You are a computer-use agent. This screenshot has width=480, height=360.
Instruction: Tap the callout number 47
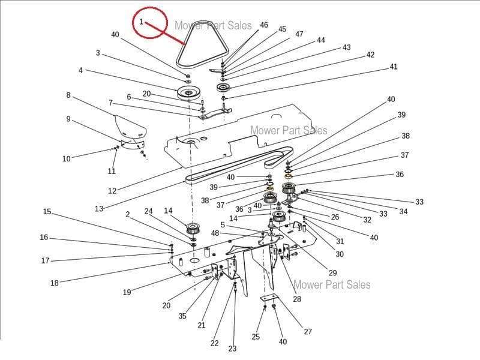(x=299, y=34)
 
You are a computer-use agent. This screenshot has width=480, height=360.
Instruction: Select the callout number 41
(x=394, y=67)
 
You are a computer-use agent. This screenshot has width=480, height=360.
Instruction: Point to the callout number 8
(x=68, y=95)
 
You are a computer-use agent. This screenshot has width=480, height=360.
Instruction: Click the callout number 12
(x=112, y=191)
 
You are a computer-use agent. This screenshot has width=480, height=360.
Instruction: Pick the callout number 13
(x=99, y=209)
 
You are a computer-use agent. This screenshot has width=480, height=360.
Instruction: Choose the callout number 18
(x=55, y=283)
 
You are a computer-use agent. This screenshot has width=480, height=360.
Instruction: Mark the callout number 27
(x=308, y=332)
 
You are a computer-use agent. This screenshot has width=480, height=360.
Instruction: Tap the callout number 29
(x=332, y=273)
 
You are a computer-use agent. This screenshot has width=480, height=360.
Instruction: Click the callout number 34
(x=403, y=212)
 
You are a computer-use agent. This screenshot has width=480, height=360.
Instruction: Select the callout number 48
(x=215, y=233)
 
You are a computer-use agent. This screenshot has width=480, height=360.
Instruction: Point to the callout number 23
(x=232, y=349)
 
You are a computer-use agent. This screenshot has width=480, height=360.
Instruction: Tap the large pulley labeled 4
(x=188, y=92)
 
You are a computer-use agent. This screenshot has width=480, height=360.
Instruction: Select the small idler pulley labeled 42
(x=223, y=88)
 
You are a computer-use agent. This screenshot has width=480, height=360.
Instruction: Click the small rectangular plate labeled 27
(x=269, y=298)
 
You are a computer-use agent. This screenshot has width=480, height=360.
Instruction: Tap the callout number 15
(x=47, y=212)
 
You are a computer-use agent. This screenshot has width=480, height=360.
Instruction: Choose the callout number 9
(x=68, y=119)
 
